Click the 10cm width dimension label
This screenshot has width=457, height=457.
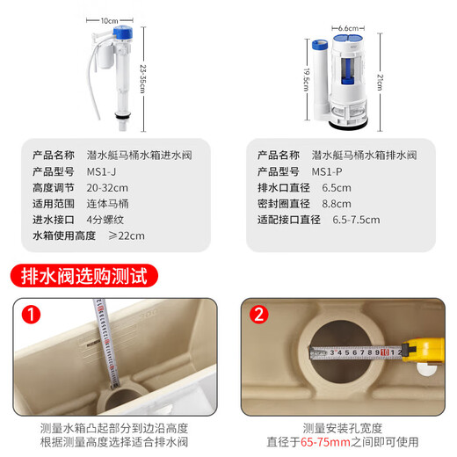click(109, 18)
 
